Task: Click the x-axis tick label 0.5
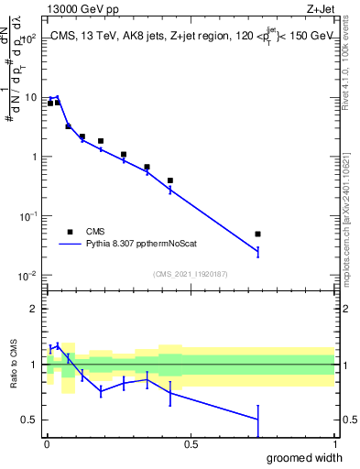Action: point(191,444)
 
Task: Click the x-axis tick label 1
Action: point(333,444)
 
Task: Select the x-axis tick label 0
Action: point(47,444)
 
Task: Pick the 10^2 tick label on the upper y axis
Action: point(27,39)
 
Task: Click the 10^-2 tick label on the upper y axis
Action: point(27,276)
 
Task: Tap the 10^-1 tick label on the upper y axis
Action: point(27,216)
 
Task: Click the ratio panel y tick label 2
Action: point(34,309)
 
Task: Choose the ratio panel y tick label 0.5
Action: point(30,420)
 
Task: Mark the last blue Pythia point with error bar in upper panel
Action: point(258,251)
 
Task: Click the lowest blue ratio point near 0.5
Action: point(258,419)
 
